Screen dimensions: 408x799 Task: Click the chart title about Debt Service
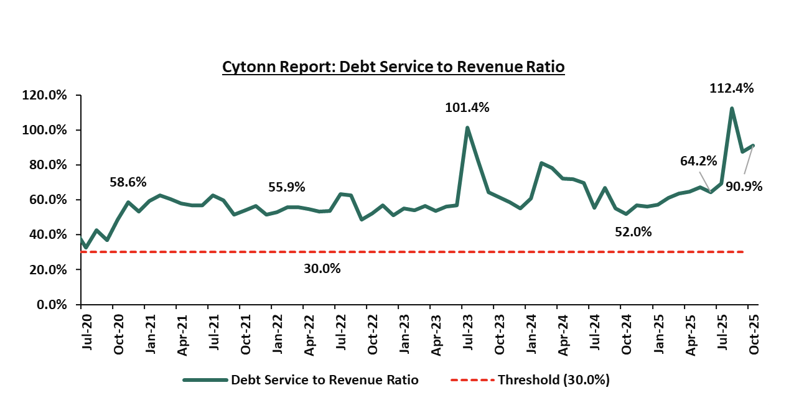pos(393,67)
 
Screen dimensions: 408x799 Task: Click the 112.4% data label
pos(731,88)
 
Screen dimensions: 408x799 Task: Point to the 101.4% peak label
pos(467,108)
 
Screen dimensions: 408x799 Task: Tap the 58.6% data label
pos(128,182)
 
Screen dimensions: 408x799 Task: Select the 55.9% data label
pos(287,187)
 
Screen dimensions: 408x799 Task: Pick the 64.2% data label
pos(698,161)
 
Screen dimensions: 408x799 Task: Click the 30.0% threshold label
pos(322,269)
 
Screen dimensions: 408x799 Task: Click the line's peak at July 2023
pos(467,128)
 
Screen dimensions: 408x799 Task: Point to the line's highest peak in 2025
pos(731,108)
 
